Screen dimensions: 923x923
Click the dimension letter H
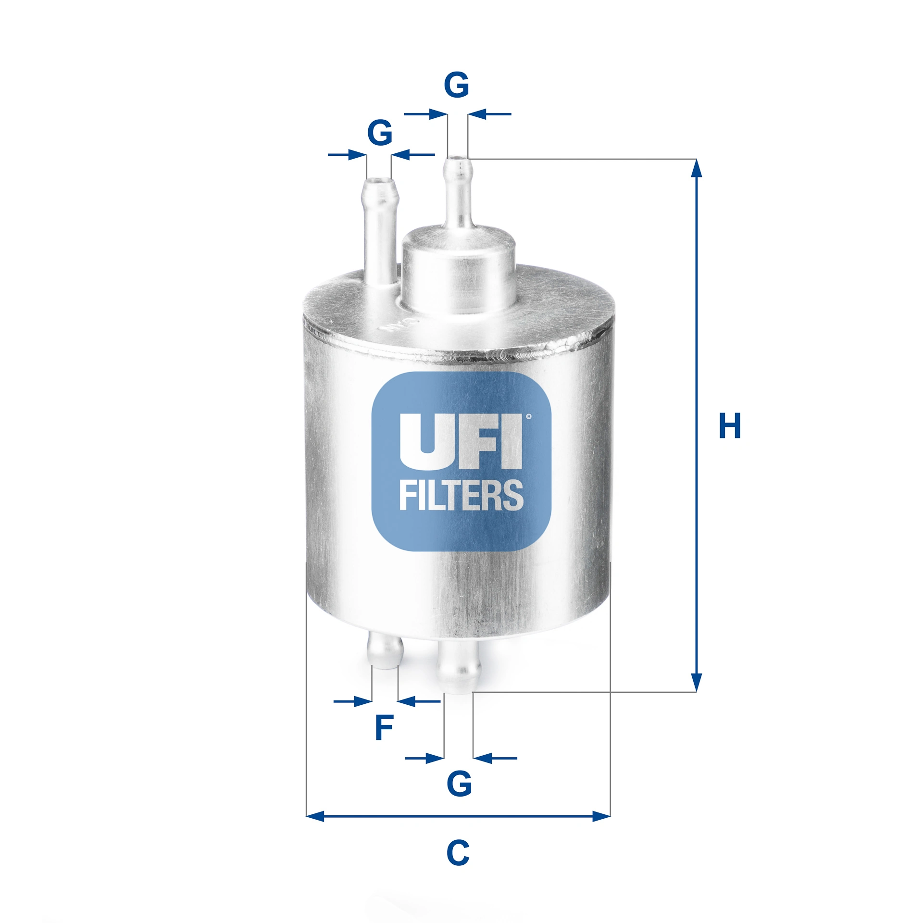click(x=729, y=425)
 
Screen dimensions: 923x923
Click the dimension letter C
click(x=458, y=853)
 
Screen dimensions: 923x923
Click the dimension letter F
click(x=384, y=728)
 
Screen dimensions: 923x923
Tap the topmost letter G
click(x=456, y=85)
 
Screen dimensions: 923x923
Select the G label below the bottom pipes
click(x=459, y=784)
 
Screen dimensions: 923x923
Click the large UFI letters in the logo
click(x=461, y=441)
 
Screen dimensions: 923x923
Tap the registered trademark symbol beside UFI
click(x=529, y=417)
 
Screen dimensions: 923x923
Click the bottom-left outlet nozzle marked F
click(x=385, y=651)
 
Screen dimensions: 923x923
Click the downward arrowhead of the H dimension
click(x=696, y=683)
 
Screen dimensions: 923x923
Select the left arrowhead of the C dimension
click(x=315, y=816)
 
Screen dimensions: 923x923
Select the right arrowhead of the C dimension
click(x=601, y=816)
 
